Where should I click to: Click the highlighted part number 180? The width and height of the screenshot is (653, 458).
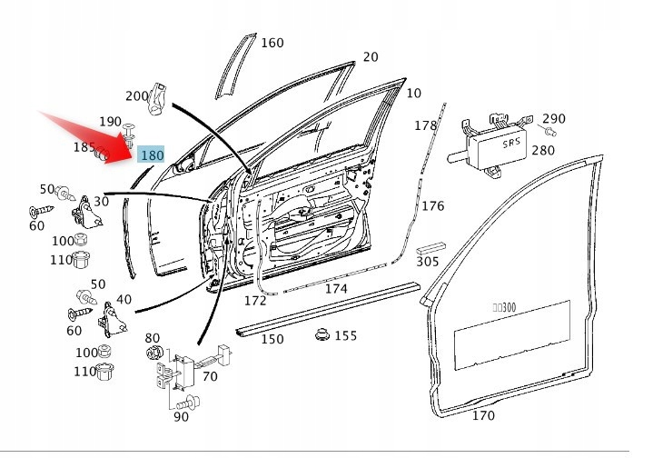(152, 155)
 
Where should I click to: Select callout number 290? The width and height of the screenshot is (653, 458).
(553, 119)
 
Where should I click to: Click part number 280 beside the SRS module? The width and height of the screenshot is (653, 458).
(542, 150)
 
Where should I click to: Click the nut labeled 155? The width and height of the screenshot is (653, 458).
(322, 335)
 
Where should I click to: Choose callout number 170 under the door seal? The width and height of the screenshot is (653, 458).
(483, 415)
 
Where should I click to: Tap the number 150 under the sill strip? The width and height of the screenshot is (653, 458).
(272, 339)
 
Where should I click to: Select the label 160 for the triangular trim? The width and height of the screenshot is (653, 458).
(272, 43)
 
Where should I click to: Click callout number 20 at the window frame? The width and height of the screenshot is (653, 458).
(370, 57)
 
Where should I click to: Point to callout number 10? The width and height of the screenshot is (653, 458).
(413, 93)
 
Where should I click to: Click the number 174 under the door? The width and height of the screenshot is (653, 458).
(336, 288)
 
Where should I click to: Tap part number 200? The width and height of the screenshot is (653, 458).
(136, 95)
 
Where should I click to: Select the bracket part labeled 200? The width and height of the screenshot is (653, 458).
(159, 98)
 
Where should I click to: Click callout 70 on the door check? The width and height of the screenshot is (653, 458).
(209, 375)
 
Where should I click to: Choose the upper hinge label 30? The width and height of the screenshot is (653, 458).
(100, 201)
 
